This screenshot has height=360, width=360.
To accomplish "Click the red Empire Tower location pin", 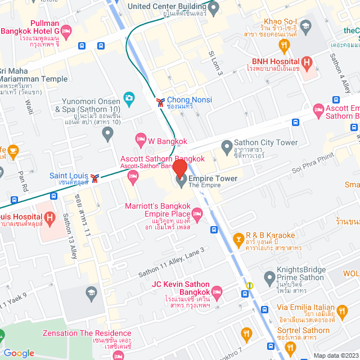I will pos(180,168).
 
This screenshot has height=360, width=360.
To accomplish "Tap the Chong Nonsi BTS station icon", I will pos(160,101).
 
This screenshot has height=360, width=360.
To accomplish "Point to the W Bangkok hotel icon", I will pos(140,138).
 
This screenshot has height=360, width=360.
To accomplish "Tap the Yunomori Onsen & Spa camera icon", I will pos(129,100).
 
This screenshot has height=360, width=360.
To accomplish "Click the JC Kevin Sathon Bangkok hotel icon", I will pos(217,291).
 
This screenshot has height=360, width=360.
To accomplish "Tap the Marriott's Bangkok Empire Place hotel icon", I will pos(197,213).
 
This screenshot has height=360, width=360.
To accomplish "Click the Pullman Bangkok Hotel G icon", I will pos(66,31).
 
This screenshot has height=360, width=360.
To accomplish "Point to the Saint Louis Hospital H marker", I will pos(49,217).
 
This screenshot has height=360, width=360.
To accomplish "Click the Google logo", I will pos(19,353).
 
